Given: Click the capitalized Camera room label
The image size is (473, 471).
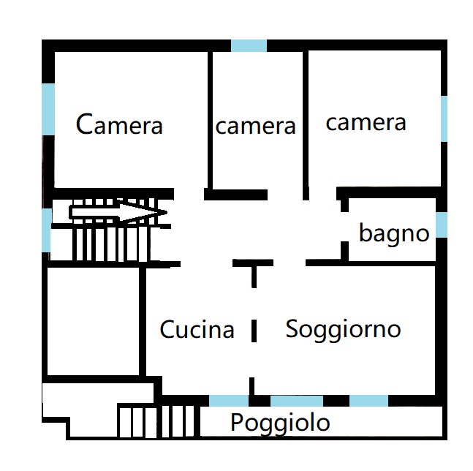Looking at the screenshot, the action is point(119,124).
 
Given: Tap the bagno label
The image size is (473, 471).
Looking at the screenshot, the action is point(394,233).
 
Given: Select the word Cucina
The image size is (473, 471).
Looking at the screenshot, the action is point(197,329).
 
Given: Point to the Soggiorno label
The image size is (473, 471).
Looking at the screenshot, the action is point(343,331).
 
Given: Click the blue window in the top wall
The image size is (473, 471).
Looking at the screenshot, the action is point(249,45).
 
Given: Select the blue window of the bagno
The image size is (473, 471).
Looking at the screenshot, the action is point(442,225).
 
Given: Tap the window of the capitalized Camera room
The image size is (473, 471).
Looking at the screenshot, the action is point(48,109).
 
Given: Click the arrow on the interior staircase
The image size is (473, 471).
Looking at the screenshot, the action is point(118,212).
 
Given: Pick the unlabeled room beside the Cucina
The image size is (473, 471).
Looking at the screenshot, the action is point(94,321).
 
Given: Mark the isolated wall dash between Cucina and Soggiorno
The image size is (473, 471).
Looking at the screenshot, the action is point(254,331).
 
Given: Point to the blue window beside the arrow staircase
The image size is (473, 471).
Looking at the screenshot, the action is point(46,230).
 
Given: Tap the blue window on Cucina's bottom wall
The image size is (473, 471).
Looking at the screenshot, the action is point(229,401).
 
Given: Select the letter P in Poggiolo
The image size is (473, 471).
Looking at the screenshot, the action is point(237,421).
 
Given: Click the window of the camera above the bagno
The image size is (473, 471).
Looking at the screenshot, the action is point(444,118).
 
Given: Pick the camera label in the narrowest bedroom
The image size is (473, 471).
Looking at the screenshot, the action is point(255,126).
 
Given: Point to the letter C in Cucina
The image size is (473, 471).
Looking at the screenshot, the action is point(167,329).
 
